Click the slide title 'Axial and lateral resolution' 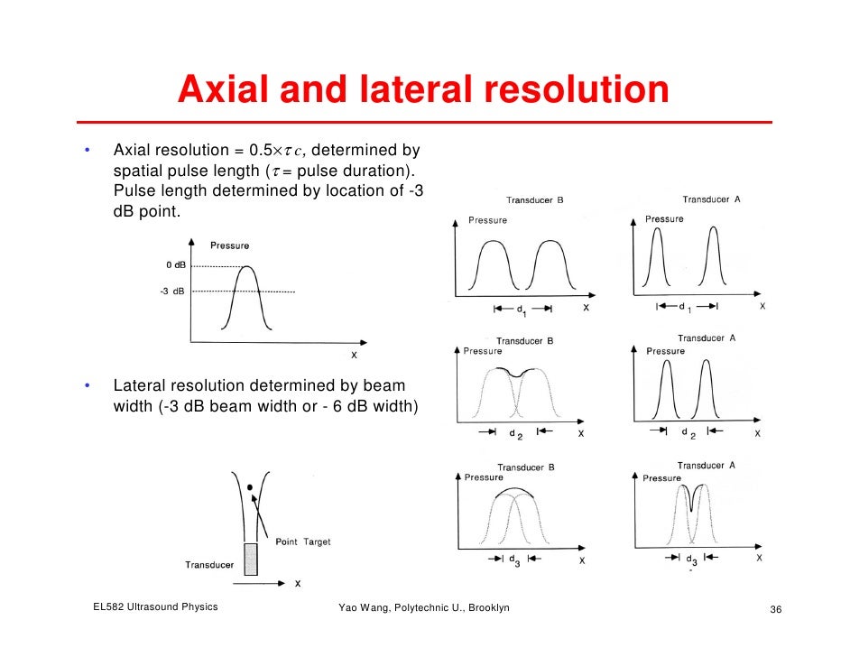tap(423, 90)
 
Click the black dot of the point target tap(250, 487)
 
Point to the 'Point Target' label tap(302, 541)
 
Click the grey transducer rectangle tap(251, 560)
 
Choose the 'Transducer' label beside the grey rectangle tap(209, 565)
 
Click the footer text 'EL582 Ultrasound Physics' tap(155, 607)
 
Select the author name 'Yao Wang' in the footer tap(362, 608)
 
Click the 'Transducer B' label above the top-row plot tap(535, 200)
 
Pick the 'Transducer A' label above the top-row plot tap(711, 199)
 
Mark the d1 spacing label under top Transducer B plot tap(522, 310)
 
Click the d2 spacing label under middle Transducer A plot tap(689, 434)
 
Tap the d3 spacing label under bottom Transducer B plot tap(514, 560)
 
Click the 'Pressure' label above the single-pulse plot tap(229, 245)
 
